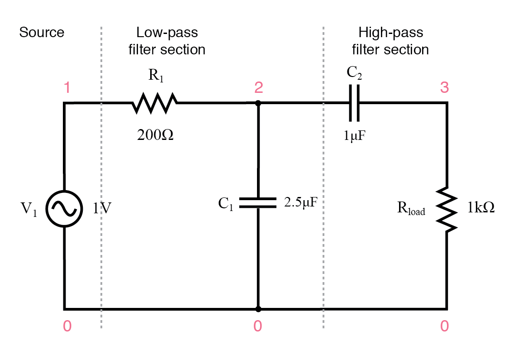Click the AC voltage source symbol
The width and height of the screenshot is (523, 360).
[65, 208]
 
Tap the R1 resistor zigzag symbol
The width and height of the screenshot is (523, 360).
[155, 103]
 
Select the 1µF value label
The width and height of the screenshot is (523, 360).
[354, 134]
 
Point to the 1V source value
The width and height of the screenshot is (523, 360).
[103, 208]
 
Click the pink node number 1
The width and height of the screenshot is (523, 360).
[67, 87]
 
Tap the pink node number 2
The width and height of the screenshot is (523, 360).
[258, 87]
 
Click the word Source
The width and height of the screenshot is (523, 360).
[42, 33]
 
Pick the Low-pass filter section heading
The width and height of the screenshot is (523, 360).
[167, 41]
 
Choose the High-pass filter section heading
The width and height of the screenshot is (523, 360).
[390, 41]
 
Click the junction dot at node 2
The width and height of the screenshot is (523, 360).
[258, 103]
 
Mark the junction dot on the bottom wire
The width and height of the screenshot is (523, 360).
[258, 309]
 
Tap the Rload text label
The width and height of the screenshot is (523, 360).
[411, 209]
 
